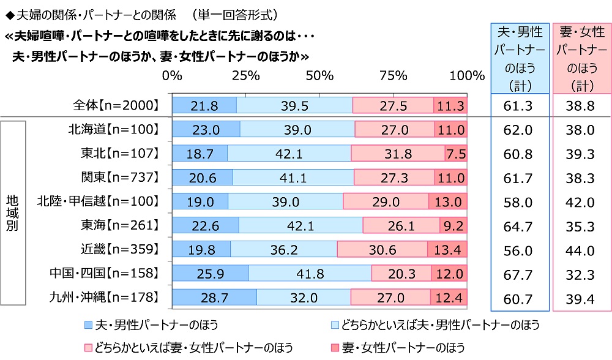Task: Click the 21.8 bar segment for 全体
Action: (x=204, y=105)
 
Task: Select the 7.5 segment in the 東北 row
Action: (x=456, y=153)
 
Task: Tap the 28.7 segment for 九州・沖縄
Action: (x=214, y=298)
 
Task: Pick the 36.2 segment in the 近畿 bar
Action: (x=284, y=250)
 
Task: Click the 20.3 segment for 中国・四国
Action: (x=401, y=274)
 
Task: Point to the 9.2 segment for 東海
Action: (x=453, y=226)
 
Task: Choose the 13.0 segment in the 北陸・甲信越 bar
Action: (x=448, y=201)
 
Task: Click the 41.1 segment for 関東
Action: (x=294, y=178)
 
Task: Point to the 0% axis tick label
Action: (x=173, y=75)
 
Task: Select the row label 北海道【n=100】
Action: (x=114, y=129)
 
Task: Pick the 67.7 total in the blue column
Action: (x=519, y=274)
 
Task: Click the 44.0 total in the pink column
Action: (x=580, y=250)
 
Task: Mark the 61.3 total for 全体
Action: (x=519, y=105)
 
